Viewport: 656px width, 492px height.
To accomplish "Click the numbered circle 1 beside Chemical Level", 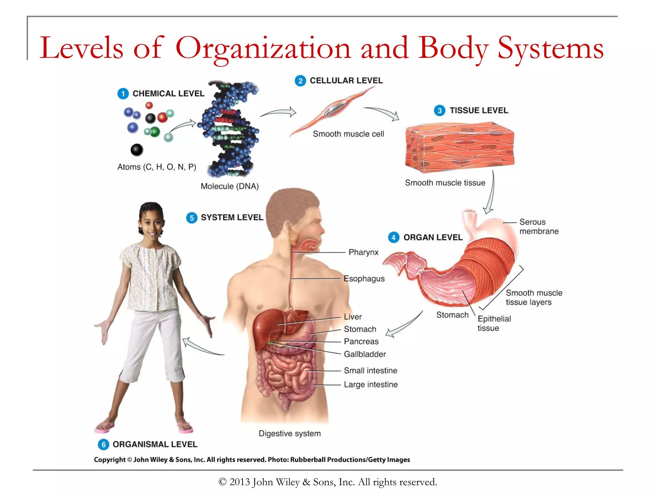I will click(x=123, y=94).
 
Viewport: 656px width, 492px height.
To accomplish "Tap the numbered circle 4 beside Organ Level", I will click(x=393, y=237).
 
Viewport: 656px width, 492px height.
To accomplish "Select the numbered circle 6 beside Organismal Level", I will click(x=103, y=445).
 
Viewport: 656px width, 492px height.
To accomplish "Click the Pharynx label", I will click(x=363, y=252).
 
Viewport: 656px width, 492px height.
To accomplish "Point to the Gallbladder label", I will click(x=365, y=354).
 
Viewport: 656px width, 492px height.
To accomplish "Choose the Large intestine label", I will click(x=371, y=385).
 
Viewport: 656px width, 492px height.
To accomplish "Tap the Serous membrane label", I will click(x=539, y=227).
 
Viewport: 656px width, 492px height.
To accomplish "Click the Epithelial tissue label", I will click(x=494, y=324).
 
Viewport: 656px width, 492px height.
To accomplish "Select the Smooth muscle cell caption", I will click(x=348, y=134).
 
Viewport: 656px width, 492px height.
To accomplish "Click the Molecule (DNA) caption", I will click(x=229, y=186).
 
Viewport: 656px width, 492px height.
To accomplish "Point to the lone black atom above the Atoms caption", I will click(x=137, y=150).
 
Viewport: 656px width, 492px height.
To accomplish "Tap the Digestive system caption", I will click(x=290, y=434).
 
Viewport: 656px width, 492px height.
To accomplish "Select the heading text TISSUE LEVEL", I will click(x=479, y=111).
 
